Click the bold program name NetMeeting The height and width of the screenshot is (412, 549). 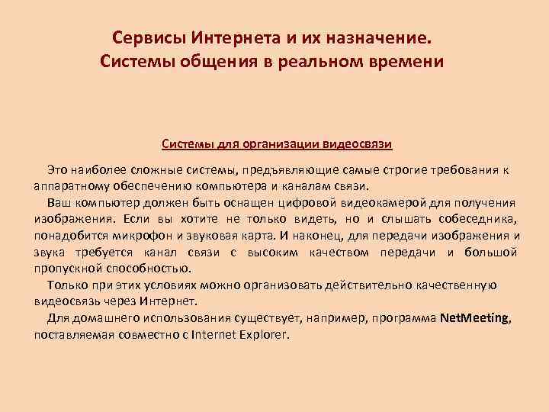474,318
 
